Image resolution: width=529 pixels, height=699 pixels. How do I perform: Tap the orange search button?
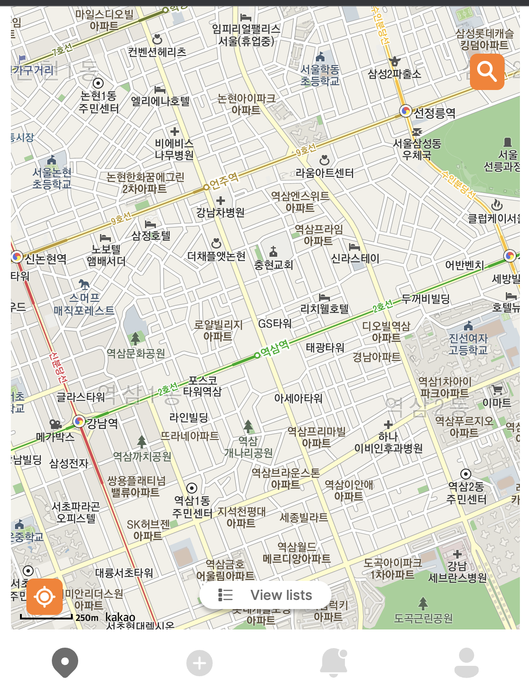click(x=487, y=72)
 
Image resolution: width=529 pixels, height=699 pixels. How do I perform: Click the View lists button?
click(x=265, y=595)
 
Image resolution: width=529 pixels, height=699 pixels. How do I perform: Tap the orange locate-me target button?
click(x=45, y=596)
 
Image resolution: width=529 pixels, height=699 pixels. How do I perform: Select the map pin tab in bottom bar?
click(x=65, y=663)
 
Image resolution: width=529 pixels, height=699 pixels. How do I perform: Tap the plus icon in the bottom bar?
click(x=199, y=663)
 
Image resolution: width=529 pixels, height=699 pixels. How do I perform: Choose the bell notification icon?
click(x=334, y=663)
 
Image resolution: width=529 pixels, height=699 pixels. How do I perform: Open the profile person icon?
click(x=466, y=663)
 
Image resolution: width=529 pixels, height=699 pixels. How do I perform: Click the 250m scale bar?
click(x=46, y=617)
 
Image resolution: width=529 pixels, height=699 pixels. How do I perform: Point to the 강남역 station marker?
click(x=80, y=422)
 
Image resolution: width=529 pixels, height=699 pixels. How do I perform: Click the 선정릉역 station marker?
click(x=405, y=111)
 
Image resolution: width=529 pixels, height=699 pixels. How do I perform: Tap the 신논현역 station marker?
click(x=17, y=257)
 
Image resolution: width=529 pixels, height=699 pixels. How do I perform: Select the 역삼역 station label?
click(x=274, y=349)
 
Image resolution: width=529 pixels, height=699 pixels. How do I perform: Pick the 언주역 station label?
click(x=224, y=180)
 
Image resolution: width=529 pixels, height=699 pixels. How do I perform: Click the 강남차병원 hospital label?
click(x=220, y=212)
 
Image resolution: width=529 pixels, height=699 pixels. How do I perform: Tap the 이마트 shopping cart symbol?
click(x=497, y=390)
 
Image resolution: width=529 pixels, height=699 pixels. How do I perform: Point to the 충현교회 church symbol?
click(x=273, y=251)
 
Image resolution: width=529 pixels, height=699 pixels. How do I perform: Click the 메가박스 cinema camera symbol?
click(x=55, y=424)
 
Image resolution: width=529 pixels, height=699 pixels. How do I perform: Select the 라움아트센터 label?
click(x=324, y=173)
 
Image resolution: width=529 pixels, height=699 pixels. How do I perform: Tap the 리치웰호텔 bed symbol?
click(x=324, y=298)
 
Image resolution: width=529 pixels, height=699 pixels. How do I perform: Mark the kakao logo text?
click(x=120, y=617)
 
